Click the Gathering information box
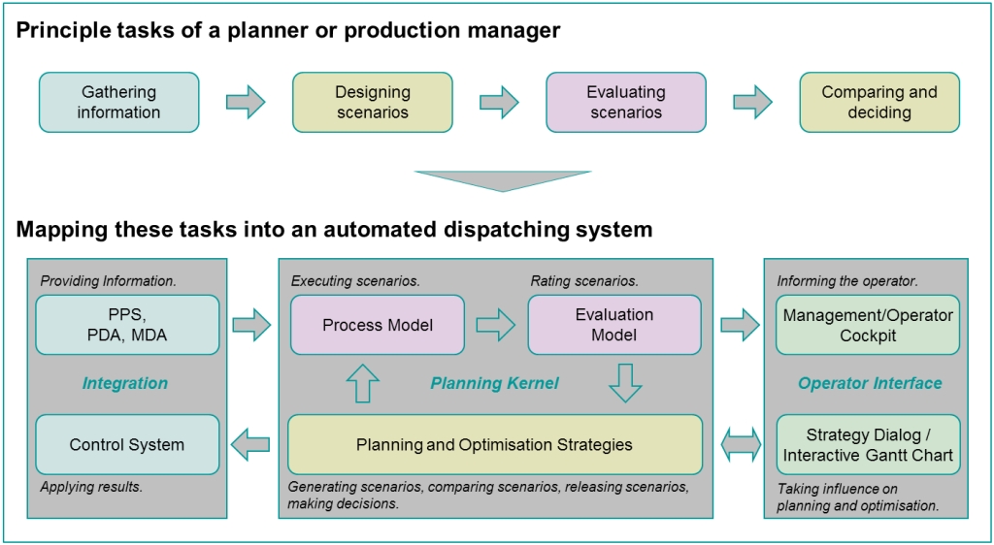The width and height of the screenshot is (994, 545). [119, 102]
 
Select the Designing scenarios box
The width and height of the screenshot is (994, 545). [372, 102]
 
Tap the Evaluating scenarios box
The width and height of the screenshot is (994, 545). [626, 102]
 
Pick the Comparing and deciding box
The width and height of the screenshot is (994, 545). [879, 102]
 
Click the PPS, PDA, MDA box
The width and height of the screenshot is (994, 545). [127, 325]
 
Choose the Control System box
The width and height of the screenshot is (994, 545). [127, 444]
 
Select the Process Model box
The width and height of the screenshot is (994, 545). [378, 325]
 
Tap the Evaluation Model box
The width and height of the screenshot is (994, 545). [614, 325]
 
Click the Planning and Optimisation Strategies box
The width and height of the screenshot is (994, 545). [495, 444]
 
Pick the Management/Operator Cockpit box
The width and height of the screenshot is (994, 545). [868, 325]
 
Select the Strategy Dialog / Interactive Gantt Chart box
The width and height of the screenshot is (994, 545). [868, 444]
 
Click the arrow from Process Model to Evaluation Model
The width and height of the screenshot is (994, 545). [496, 326]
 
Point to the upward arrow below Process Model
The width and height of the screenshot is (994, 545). [363, 383]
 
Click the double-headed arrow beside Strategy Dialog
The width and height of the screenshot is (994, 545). [740, 443]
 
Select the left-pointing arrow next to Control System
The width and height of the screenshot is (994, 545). [251, 443]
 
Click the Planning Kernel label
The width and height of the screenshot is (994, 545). [494, 384]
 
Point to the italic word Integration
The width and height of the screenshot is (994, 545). [125, 384]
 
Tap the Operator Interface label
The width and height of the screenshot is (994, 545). [870, 384]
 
